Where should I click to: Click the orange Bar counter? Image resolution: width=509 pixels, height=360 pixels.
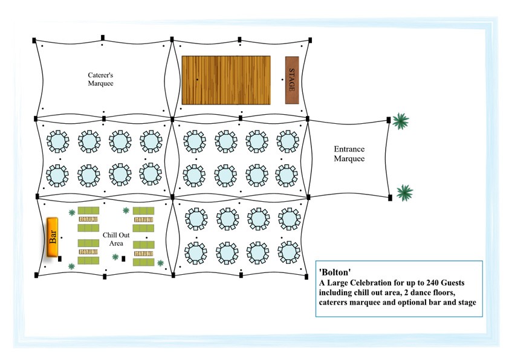coord(52,237)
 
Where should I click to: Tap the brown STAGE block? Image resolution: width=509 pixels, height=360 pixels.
coord(292,80)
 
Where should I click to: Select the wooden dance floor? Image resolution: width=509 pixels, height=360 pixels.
coord(226,80)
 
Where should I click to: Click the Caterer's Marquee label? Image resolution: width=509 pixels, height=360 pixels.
coord(100,79)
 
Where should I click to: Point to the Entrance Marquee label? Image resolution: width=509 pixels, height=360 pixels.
coord(349,154)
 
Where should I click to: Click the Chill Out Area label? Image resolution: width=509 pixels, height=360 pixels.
coord(116,239)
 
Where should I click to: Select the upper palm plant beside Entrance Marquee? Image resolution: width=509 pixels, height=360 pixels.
coord(401,121)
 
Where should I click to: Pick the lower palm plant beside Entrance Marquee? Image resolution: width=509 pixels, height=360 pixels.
coord(404,193)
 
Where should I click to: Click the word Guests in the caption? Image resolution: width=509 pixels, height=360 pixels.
coord(453,283)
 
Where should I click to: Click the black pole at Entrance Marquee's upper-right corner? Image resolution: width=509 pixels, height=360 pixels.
coord(389,120)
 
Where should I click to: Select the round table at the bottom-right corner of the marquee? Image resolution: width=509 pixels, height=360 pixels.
coord(289,252)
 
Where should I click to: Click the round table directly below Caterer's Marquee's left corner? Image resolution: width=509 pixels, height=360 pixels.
coord(58,141)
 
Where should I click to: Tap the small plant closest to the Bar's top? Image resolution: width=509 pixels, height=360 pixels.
coord(72,213)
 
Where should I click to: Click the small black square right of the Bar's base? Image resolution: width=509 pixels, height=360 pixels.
coord(60,259)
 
